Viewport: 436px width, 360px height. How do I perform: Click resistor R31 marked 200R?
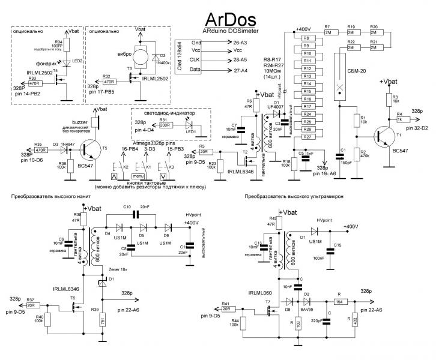coord(166,125)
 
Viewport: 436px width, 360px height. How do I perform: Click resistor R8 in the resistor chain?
coord(306,37)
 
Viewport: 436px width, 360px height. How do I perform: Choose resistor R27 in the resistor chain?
coord(306,137)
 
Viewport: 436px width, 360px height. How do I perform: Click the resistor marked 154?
coord(340,301)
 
